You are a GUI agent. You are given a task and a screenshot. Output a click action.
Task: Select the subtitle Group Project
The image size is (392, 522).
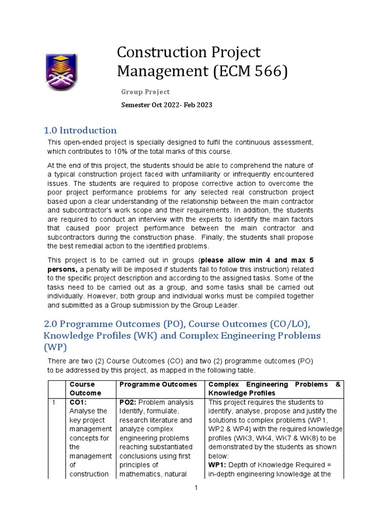145,92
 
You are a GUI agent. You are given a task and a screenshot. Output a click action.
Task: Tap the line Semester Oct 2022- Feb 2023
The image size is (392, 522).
166,105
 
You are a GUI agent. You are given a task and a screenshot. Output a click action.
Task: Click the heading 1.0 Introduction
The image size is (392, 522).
80,130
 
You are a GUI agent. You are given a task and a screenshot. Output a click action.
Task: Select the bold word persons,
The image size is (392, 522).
62,268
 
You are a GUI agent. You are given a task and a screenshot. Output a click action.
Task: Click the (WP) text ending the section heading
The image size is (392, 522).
56,347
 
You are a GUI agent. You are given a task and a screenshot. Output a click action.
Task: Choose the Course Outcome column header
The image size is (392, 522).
85,388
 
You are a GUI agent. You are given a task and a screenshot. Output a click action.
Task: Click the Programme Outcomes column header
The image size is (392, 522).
158,384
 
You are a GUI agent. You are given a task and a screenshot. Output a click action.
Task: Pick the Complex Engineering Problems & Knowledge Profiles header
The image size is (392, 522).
275,388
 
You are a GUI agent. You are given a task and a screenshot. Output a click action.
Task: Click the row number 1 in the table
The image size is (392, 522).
54,402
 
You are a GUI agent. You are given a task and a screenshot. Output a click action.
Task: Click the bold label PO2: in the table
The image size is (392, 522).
128,402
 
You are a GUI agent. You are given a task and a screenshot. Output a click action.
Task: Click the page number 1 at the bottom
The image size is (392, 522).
195,488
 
